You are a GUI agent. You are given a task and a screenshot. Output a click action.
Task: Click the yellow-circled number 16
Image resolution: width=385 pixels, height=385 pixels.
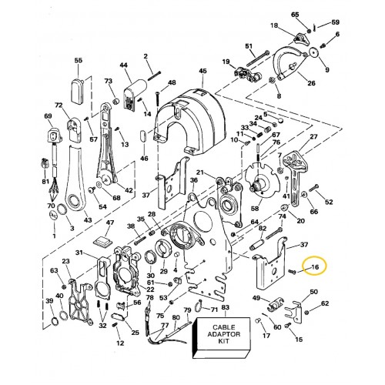(315, 267)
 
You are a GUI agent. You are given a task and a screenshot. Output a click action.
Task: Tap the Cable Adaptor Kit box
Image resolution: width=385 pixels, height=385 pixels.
(222, 338)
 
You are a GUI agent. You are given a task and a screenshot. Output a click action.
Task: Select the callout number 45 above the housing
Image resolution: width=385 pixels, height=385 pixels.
(203, 71)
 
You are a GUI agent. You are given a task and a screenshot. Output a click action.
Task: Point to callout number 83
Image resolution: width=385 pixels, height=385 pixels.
(225, 307)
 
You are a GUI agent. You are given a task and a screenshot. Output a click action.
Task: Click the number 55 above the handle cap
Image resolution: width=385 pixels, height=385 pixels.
(79, 60)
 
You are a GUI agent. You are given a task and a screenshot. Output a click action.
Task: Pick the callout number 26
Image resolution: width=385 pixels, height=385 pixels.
(311, 83)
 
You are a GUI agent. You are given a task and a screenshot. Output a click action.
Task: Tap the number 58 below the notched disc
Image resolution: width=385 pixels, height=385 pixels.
(255, 209)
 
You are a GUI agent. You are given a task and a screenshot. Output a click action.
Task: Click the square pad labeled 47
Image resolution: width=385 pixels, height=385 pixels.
(102, 241)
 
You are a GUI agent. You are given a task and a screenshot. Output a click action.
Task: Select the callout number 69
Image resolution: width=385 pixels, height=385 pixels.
(48, 116)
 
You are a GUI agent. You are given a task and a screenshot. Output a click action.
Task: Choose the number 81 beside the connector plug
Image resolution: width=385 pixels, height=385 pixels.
(45, 182)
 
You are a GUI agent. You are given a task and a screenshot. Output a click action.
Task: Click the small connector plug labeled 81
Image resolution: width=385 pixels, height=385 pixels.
(45, 162)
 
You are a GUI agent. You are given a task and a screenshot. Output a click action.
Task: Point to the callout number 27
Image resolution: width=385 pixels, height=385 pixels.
(313, 136)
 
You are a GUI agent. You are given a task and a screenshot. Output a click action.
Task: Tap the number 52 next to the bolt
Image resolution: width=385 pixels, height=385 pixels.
(329, 202)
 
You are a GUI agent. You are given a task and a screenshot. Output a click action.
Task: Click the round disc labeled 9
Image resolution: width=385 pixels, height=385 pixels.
(313, 52)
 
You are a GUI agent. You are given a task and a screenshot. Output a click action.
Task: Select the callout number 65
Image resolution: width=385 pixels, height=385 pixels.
(295, 15)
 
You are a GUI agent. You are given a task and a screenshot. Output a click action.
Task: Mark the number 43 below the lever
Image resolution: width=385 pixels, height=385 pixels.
(88, 220)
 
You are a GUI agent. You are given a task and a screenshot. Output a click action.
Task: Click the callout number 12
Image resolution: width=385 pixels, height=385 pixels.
(120, 343)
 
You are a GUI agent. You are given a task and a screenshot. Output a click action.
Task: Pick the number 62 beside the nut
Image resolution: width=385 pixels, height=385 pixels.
(325, 303)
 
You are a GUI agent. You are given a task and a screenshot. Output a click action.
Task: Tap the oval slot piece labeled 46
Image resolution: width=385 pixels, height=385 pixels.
(144, 136)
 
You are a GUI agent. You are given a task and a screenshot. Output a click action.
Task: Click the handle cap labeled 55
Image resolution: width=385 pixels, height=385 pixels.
(78, 91)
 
